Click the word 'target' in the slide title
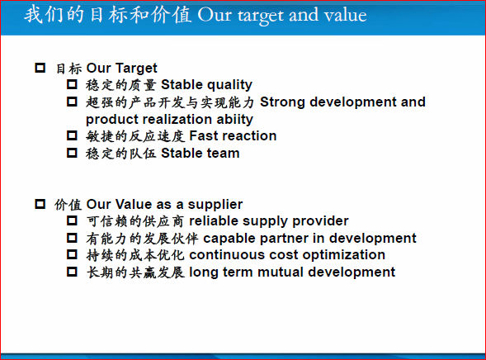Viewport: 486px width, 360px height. [261, 17]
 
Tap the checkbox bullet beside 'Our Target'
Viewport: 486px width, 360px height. [40, 68]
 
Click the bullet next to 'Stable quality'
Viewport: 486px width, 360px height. [72, 84]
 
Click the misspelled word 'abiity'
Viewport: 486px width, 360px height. [234, 120]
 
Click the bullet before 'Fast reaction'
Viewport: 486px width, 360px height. [72, 135]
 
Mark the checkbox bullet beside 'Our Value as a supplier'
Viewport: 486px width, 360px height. [40, 204]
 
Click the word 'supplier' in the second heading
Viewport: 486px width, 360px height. [215, 205]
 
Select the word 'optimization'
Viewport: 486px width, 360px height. [344, 255]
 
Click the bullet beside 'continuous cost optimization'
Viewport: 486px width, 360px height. [72, 254]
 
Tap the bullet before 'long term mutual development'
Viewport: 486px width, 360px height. [72, 272]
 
